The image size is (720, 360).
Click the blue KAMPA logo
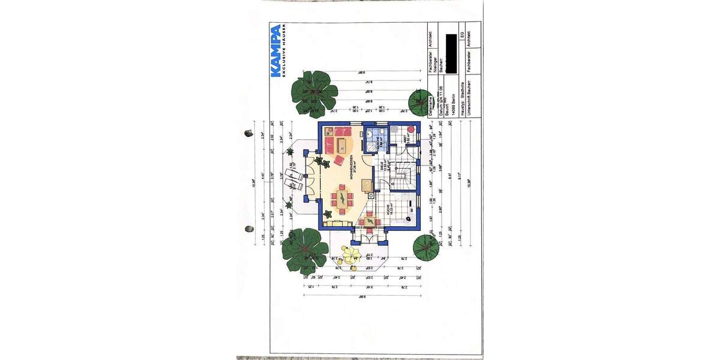click(x=275, y=51)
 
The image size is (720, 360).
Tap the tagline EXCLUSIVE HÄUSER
click(x=284, y=51)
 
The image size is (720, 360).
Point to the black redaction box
click(x=451, y=50)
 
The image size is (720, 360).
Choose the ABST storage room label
click(x=406, y=139)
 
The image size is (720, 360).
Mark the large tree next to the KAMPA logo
click(x=313, y=91)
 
